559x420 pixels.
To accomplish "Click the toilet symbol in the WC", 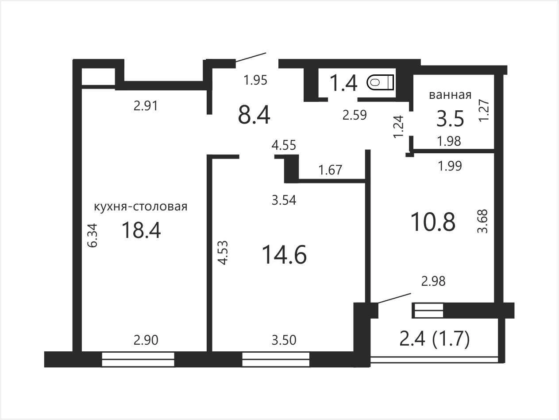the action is (x=380, y=82).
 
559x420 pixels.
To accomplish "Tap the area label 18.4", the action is (x=141, y=230).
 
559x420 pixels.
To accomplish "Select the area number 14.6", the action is (x=284, y=254).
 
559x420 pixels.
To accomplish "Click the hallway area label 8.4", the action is (x=254, y=116).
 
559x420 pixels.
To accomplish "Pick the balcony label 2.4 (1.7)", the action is (x=435, y=339).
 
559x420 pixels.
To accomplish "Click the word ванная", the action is (x=450, y=95).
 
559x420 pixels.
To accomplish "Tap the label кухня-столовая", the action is (x=141, y=206).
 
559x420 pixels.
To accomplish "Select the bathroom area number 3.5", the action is (x=450, y=119).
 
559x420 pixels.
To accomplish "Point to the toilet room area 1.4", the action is (x=343, y=83).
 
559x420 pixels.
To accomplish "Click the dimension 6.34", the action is (x=93, y=236).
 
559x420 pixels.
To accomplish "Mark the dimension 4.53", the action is (x=224, y=253).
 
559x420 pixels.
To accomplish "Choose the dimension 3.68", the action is (x=482, y=221).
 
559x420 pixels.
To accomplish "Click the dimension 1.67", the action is (x=330, y=170).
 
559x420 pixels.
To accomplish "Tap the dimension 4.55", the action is (x=284, y=145).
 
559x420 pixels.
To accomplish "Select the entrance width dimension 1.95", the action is (x=255, y=80).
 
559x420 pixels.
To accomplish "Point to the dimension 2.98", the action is (x=433, y=281).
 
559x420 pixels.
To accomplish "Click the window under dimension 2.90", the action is (x=138, y=360).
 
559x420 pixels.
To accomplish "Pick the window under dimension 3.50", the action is (x=276, y=360).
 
